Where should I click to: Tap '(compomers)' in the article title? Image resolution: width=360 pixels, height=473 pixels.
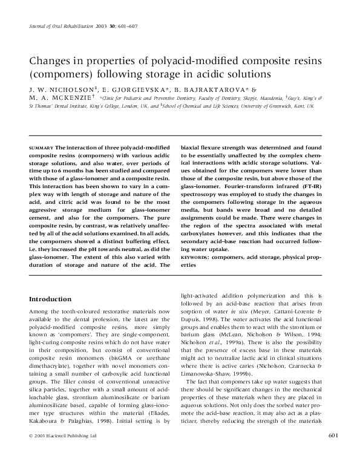(x=59, y=76)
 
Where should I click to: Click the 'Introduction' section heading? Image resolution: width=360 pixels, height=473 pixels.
(x=51, y=299)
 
